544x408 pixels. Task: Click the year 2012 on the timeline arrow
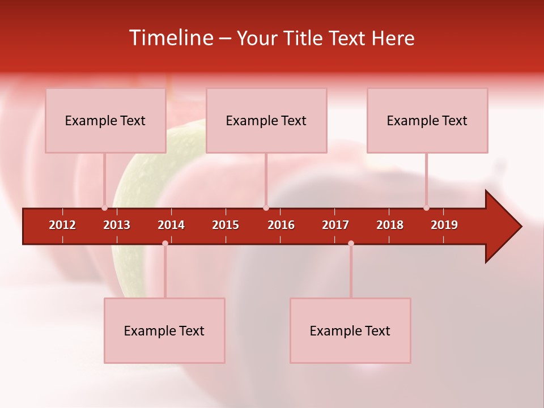point(62,225)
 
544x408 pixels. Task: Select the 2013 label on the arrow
point(117,225)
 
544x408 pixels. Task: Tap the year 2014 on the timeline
point(171,225)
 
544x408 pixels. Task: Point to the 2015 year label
point(226,225)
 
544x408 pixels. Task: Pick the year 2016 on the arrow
point(281,225)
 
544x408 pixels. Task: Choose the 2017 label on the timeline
point(335,225)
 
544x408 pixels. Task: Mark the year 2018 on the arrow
point(390,225)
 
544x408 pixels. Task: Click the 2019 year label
point(444,225)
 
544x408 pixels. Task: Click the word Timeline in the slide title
point(172,38)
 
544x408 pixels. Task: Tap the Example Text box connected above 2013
point(105,120)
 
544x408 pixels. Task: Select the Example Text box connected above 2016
point(266,120)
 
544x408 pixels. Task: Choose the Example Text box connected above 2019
point(427,120)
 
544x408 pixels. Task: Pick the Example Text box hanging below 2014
point(164,330)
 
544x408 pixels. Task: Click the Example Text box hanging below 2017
point(350,330)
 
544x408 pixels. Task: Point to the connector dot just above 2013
point(104,208)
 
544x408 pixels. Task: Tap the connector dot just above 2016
point(266,208)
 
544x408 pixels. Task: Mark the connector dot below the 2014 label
point(165,243)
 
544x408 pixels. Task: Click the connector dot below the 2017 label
point(351,243)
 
